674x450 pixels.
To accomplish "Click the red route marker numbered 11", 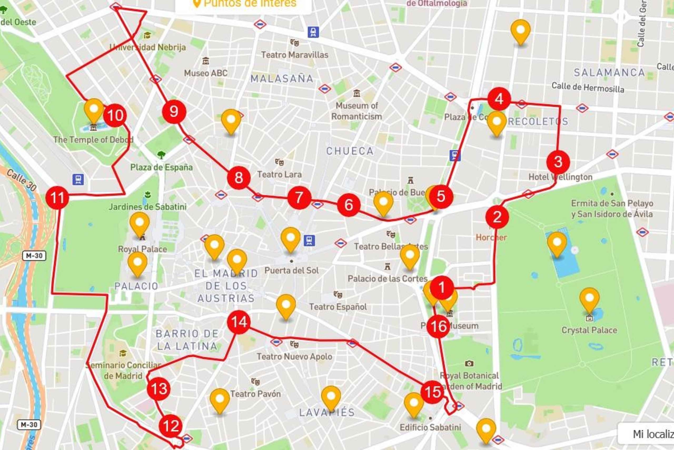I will pyautogui.click(x=57, y=198).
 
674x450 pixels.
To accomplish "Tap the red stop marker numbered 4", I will pyautogui.click(x=499, y=99).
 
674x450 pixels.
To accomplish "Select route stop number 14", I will pyautogui.click(x=238, y=322).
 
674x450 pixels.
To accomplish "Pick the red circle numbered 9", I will pyautogui.click(x=174, y=111).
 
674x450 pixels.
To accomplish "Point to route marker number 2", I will pyautogui.click(x=497, y=217).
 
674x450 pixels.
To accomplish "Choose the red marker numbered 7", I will pyautogui.click(x=299, y=197).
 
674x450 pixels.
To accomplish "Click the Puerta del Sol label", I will pyautogui.click(x=291, y=271).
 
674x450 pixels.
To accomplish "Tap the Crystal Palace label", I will pyautogui.click(x=589, y=330).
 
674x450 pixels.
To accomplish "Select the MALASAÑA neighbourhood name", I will pyautogui.click(x=282, y=79).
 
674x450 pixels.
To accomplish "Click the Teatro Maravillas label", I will pyautogui.click(x=295, y=55).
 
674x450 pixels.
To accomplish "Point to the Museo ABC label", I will pyautogui.click(x=206, y=73).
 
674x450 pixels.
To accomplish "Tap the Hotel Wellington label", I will pyautogui.click(x=560, y=177).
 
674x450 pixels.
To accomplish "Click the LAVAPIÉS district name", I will pyautogui.click(x=327, y=412).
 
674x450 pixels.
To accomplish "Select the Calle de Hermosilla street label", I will pyautogui.click(x=588, y=87).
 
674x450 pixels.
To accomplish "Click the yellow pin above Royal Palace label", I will pyautogui.click(x=139, y=223).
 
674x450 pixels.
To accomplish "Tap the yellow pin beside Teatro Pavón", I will pyautogui.click(x=220, y=399).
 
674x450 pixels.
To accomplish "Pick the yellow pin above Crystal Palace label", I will pyautogui.click(x=589, y=299).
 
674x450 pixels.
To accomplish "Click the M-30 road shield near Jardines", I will pyautogui.click(x=34, y=256).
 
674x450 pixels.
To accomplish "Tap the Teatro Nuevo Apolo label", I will pyautogui.click(x=294, y=356).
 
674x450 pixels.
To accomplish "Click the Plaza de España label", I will pyautogui.click(x=161, y=167).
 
